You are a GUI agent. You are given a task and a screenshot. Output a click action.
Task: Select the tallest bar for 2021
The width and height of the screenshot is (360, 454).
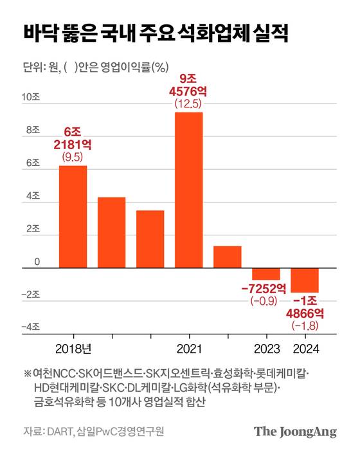pos(188,190)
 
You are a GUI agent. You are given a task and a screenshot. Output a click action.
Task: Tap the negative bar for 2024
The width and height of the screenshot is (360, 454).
pos(304,280)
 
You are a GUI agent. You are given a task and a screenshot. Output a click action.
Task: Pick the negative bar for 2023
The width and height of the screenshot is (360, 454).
pos(265,274)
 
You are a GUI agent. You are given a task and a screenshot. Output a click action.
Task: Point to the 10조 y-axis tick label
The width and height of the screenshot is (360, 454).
pos(31,98)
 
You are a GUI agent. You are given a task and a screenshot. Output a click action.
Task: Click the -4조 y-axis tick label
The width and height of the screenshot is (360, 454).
pos(30,328)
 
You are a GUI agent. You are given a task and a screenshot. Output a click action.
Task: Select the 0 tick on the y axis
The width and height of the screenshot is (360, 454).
pos(37,262)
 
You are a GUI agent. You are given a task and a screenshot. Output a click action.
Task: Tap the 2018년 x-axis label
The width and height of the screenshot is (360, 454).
pos(73,349)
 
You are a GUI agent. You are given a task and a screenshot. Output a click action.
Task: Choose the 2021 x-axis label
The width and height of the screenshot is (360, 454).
pos(188,349)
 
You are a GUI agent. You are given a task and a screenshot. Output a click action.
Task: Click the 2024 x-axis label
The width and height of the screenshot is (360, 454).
pos(305,349)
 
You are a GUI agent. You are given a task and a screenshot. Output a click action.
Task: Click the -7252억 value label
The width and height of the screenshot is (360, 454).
pos(265,287)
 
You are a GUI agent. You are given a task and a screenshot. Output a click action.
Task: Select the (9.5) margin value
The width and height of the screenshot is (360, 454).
pos(73,156)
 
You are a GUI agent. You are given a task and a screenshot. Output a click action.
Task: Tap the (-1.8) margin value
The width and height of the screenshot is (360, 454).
pos(305,327)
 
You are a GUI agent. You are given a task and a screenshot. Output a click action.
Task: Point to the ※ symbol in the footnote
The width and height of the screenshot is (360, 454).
pos(27,373)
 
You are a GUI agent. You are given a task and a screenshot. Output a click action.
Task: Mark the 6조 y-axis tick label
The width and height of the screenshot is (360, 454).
pos(31,164)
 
